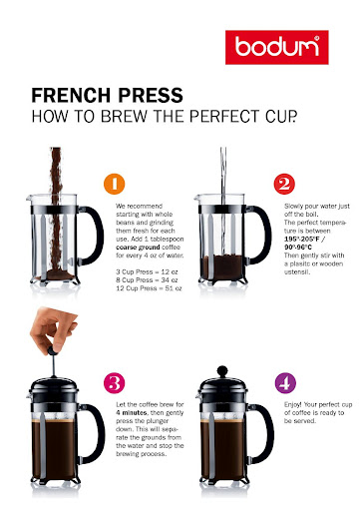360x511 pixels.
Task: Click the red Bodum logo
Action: (277, 47)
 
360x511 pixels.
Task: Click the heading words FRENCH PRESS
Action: (107, 95)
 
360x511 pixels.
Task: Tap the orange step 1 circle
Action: (115, 184)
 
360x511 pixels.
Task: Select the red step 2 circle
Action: (284, 184)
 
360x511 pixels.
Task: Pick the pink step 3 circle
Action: (115, 383)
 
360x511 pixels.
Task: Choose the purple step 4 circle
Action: (285, 383)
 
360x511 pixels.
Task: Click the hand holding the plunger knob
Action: (53, 330)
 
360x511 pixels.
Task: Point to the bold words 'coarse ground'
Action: (138, 248)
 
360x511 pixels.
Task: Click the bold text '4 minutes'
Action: (132, 413)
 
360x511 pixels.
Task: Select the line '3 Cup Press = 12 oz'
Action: (147, 271)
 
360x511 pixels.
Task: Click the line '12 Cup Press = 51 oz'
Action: (149, 288)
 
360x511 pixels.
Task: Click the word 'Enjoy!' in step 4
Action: (292, 405)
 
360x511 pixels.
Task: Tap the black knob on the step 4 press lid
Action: (222, 370)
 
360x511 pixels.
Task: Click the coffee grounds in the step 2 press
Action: (223, 267)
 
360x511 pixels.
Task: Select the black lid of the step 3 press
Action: (54, 389)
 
